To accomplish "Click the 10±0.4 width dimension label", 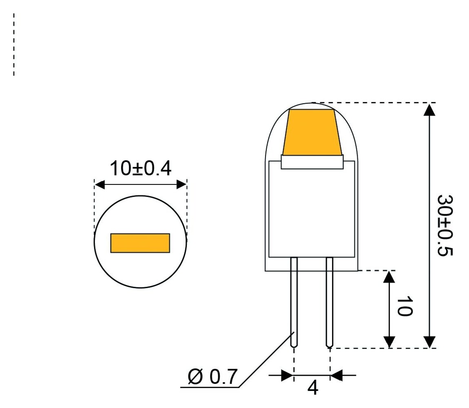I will click(x=140, y=169).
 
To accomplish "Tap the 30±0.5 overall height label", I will click(x=445, y=225).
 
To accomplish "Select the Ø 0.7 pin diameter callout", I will click(x=212, y=377).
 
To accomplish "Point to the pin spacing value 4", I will click(x=312, y=388).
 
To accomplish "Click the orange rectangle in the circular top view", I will click(x=140, y=243).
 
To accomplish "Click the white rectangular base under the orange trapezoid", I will click(x=312, y=162).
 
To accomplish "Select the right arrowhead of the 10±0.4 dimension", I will click(x=181, y=185).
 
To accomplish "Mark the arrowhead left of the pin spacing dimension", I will click(x=287, y=375).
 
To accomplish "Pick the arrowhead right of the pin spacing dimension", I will click(x=336, y=375).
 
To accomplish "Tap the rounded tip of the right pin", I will click(x=330, y=346).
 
